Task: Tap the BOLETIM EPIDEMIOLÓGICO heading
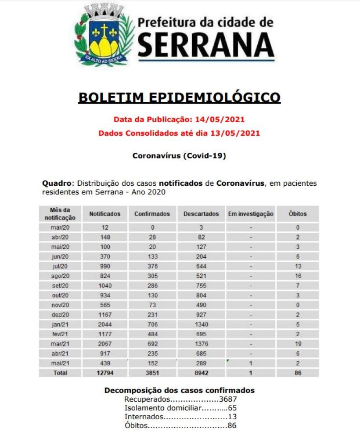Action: click(179, 97)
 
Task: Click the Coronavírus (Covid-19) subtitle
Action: click(179, 155)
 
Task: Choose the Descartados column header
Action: click(201, 214)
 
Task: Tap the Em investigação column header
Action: click(251, 214)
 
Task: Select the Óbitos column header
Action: click(298, 214)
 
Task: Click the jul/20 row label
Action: click(60, 266)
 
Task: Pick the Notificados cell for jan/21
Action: click(104, 324)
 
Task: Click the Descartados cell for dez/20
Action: click(201, 314)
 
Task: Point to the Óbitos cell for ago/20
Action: click(298, 276)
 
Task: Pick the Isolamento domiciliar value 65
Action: click(232, 408)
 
